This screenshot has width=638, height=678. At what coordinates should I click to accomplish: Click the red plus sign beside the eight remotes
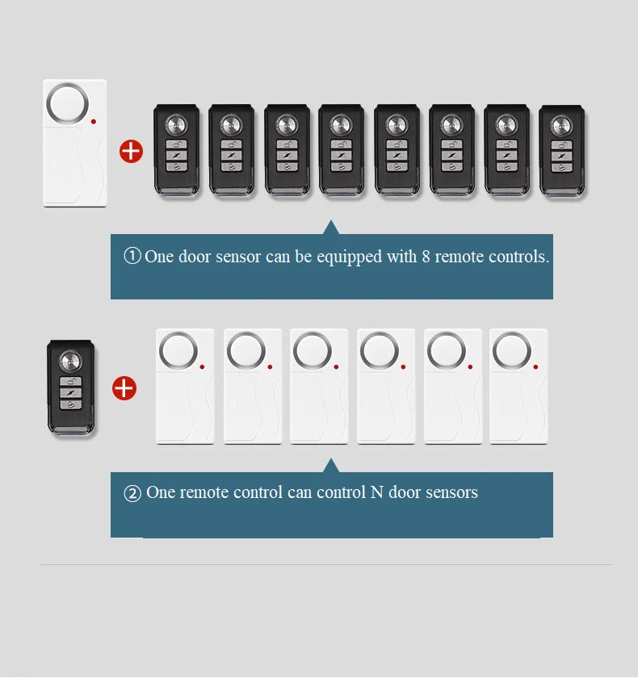pos(131,152)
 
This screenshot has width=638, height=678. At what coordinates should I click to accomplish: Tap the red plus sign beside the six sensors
pos(124,388)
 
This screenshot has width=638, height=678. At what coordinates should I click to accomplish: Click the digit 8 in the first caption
pos(426,257)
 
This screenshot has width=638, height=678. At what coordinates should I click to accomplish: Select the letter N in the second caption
pos(377,492)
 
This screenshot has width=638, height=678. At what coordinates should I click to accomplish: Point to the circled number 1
pos(132,256)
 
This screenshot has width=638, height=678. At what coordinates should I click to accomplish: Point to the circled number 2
pos(132,493)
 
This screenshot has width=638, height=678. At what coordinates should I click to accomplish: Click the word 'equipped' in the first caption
pos(350,257)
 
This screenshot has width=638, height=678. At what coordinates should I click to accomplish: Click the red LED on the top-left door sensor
pos(94,122)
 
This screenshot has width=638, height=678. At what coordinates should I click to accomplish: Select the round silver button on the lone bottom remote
pos(70,361)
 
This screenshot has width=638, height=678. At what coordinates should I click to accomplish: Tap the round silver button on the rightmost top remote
pos(561,126)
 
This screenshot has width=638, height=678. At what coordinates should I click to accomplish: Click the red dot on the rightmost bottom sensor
pos(535,366)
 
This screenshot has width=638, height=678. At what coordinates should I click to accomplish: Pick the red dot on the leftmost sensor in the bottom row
pos(202,366)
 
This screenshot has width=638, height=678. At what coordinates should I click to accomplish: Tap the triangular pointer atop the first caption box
pos(331,228)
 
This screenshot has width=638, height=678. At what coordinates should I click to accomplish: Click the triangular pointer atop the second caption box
pos(331,465)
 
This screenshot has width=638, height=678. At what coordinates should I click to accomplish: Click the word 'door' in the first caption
pos(195,257)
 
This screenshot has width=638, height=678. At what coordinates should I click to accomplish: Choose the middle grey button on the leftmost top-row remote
pos(177,155)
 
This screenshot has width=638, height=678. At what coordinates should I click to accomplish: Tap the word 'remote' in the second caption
pos(204,493)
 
